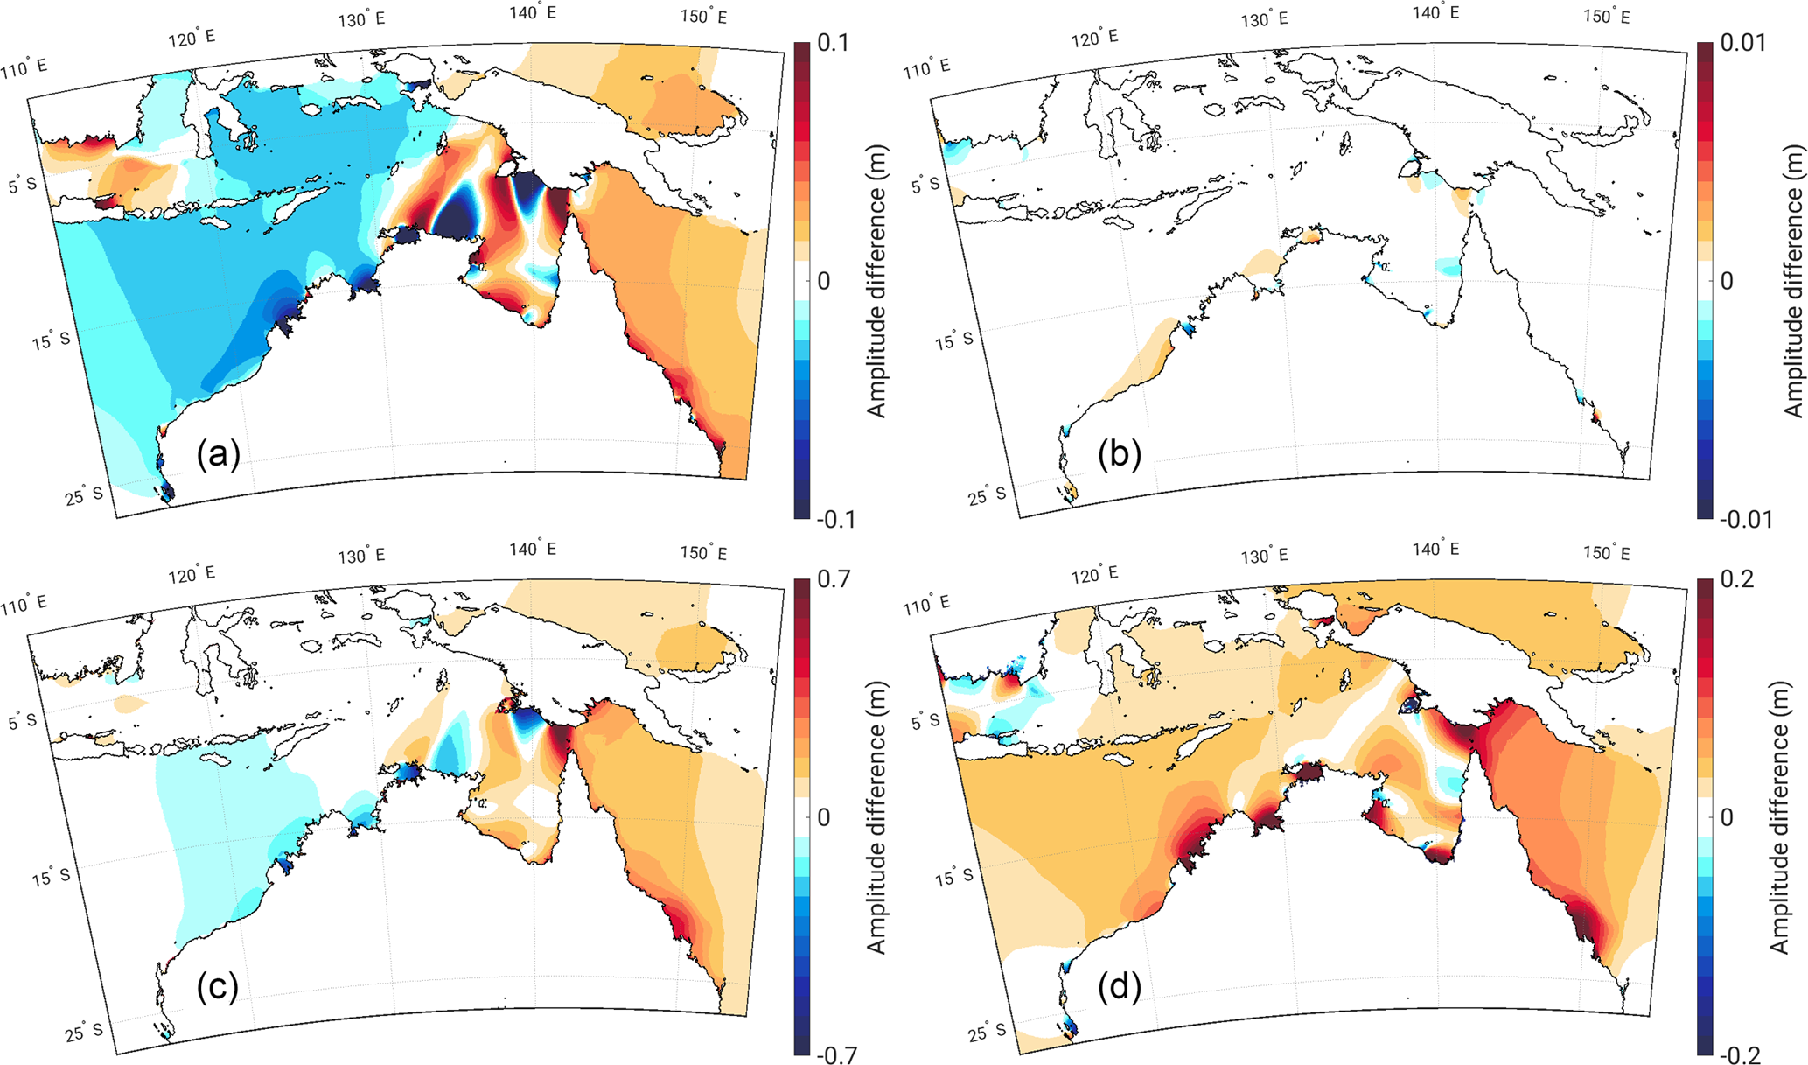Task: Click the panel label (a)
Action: [x=218, y=454]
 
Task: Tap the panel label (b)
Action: [x=1120, y=455]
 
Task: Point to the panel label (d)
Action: [x=1120, y=988]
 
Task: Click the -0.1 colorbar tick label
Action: [x=835, y=520]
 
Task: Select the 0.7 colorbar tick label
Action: [x=832, y=579]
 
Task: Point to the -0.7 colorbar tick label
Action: [x=835, y=1055]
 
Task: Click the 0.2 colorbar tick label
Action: [x=1735, y=579]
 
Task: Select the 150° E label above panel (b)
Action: [x=1607, y=17]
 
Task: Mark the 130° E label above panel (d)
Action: [x=1265, y=556]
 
